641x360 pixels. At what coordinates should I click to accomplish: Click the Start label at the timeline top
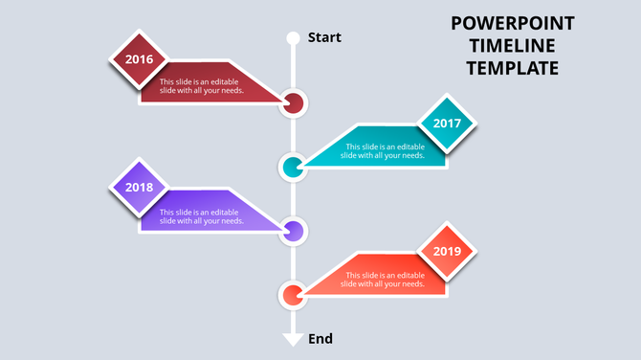click(x=324, y=37)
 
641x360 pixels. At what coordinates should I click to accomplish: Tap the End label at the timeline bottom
click(x=320, y=338)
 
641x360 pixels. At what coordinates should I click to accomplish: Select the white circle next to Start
click(x=294, y=38)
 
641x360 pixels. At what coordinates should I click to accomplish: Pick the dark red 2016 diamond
click(x=139, y=59)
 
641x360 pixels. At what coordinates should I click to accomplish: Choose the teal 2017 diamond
click(x=447, y=124)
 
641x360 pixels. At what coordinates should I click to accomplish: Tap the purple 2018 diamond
click(x=139, y=188)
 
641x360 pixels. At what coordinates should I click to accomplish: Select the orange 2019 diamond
click(x=447, y=252)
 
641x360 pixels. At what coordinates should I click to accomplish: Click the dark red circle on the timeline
click(x=294, y=103)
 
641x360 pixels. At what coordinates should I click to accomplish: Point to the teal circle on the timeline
click(x=293, y=168)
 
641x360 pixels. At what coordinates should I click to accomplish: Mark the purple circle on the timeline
click(x=294, y=231)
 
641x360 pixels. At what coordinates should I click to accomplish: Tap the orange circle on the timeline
click(x=293, y=294)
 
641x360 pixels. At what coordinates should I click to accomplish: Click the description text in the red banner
click(x=202, y=87)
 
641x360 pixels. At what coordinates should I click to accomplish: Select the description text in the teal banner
click(x=385, y=151)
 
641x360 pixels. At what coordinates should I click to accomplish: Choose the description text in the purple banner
click(x=202, y=216)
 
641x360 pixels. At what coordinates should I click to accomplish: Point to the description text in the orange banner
click(x=385, y=280)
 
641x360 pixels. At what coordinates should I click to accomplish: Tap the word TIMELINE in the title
click(x=512, y=46)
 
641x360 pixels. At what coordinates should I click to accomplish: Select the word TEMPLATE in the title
click(x=512, y=68)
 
